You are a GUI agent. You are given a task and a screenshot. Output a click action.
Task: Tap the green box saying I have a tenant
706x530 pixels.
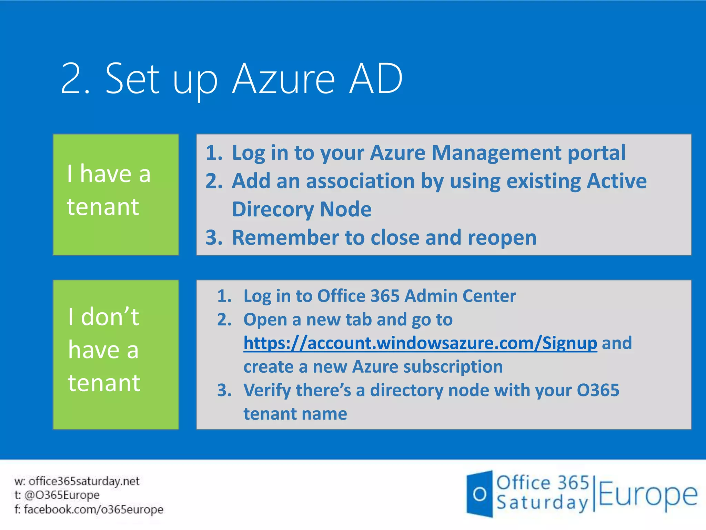[116, 195]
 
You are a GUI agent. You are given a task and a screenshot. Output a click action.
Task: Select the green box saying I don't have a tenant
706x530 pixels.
[116, 355]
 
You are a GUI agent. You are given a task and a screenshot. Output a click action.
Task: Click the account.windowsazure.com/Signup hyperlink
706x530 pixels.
[420, 343]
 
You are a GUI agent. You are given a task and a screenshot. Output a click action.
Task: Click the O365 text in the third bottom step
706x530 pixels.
[598, 390]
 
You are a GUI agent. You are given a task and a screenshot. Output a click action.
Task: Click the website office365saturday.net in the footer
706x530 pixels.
[84, 481]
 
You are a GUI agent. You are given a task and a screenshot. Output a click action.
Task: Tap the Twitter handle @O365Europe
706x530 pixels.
[62, 495]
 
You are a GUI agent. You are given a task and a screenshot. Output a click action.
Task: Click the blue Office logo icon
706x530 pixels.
[480, 494]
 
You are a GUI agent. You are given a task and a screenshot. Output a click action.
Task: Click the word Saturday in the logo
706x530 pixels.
[542, 503]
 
